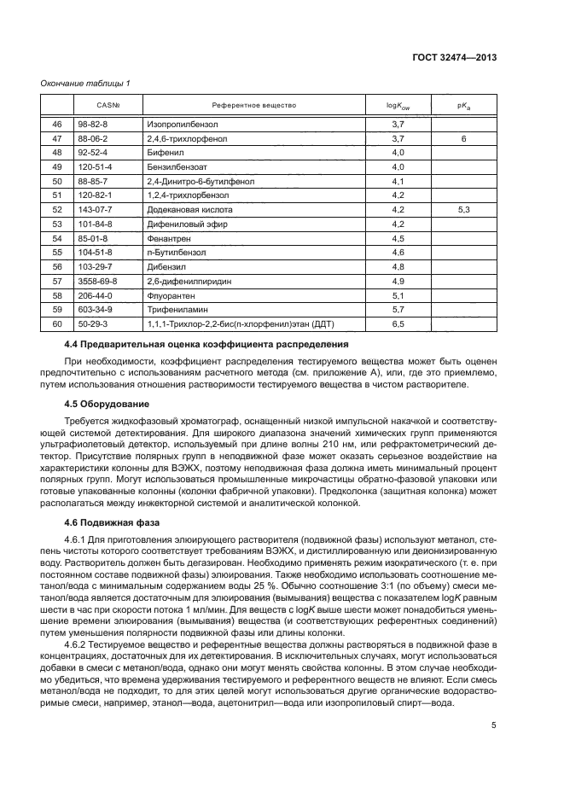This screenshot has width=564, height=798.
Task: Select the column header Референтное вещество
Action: (253, 105)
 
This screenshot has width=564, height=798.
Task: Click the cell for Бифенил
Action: (161, 153)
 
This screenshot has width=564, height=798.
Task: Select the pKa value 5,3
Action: (463, 208)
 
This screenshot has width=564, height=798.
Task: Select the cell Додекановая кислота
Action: (188, 208)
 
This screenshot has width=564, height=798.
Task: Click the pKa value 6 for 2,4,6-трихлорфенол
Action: (463, 138)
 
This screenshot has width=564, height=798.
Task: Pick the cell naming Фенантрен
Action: (166, 240)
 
